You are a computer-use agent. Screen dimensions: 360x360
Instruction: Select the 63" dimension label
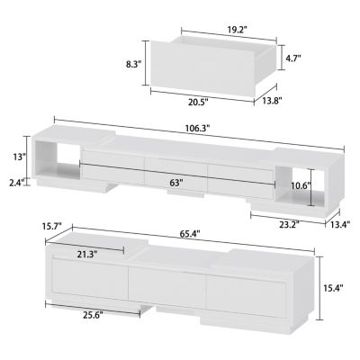coord(176,183)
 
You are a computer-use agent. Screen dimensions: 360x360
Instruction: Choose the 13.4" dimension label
coord(339,224)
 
